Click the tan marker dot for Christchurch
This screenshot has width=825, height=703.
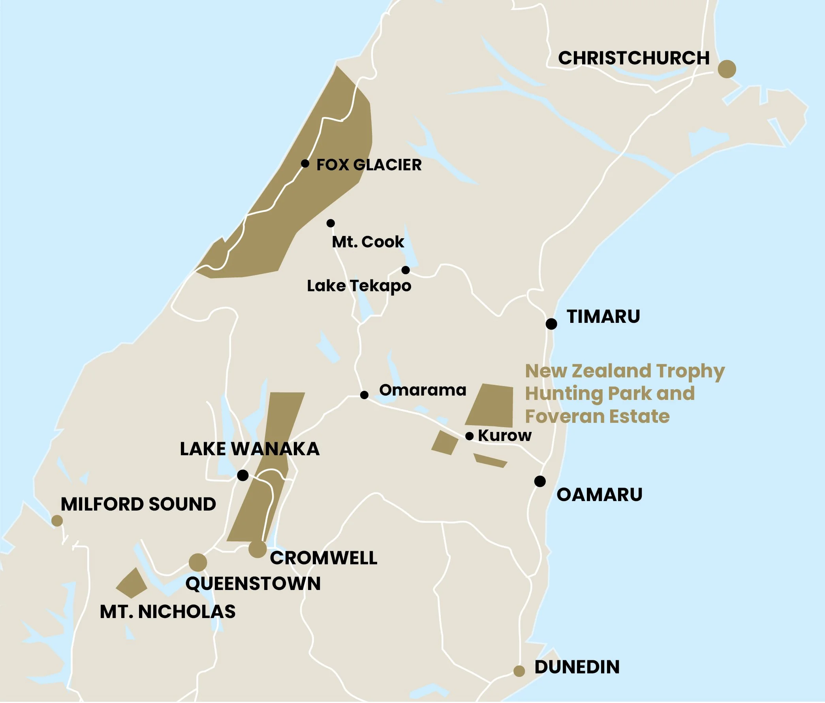pyautogui.click(x=727, y=69)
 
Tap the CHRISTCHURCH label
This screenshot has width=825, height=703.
pyautogui.click(x=633, y=58)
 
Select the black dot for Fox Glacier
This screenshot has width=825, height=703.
pyautogui.click(x=305, y=163)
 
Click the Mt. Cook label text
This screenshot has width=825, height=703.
pyautogui.click(x=368, y=242)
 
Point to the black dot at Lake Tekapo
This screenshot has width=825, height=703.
pyautogui.click(x=405, y=270)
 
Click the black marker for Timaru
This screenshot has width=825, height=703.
pyautogui.click(x=551, y=324)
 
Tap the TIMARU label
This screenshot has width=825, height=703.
pyautogui.click(x=603, y=317)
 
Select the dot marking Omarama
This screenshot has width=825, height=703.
pyautogui.click(x=364, y=395)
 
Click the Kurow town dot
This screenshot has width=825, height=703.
pyautogui.click(x=470, y=436)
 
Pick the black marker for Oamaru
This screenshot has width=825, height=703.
pyautogui.click(x=539, y=481)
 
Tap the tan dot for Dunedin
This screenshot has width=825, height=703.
pyautogui.click(x=519, y=671)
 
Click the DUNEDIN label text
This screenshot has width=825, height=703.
pyautogui.click(x=577, y=667)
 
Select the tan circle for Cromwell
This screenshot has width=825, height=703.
pyautogui.click(x=257, y=549)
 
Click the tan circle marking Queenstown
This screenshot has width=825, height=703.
pyautogui.click(x=197, y=562)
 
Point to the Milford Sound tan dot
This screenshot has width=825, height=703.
pyautogui.click(x=57, y=520)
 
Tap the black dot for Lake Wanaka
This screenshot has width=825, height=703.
pyautogui.click(x=242, y=475)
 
